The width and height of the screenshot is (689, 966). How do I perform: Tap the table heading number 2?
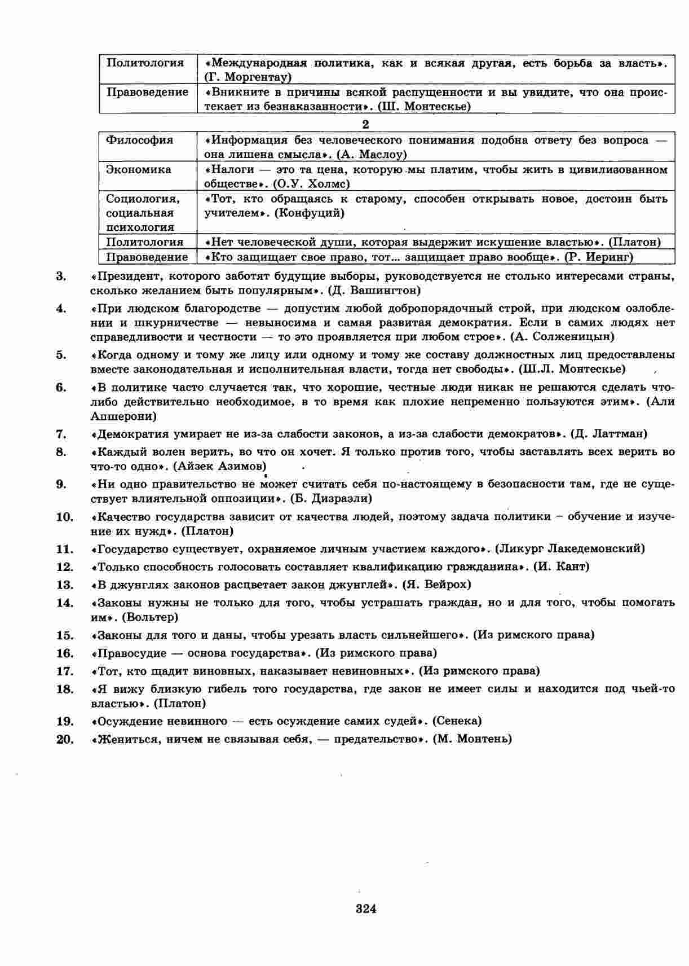pos(365,125)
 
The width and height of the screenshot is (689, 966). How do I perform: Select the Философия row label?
pos(140,140)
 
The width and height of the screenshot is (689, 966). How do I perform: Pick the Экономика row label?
pos(139,170)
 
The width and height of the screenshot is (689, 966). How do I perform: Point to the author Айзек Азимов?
pos(220,466)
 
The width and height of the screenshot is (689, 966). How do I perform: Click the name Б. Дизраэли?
pos(331,499)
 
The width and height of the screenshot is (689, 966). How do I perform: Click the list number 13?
pos(65,585)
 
